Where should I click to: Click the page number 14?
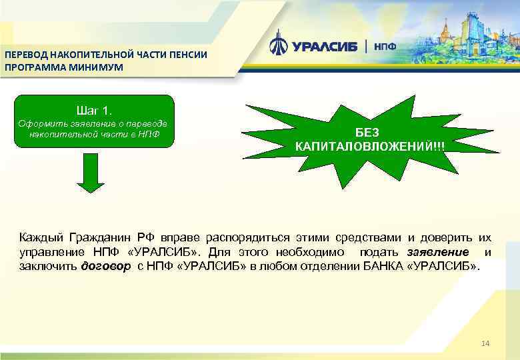[485, 343]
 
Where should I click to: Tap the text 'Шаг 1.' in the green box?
[94, 109]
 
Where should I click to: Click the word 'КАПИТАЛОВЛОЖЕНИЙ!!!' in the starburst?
[370, 146]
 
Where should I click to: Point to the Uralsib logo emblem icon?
[278, 45]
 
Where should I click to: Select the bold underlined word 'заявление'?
[437, 251]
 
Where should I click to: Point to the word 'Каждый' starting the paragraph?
[40, 237]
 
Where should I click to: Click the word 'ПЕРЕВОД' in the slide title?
[25, 55]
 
